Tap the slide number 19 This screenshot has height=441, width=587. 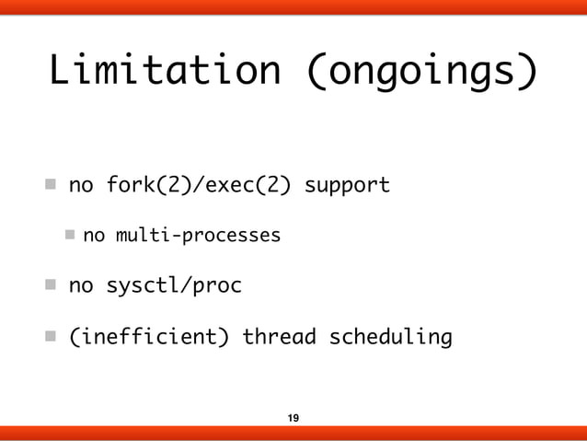pos(293,419)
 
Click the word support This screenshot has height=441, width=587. pos(347,186)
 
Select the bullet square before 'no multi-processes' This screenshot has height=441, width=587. pos(71,236)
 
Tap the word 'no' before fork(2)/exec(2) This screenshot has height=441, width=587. pos(81,186)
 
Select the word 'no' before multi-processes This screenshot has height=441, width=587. pos(93,237)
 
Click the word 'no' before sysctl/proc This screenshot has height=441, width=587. pos(81,286)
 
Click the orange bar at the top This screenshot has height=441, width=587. pos(293,8)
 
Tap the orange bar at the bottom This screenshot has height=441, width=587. pos(293,434)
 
